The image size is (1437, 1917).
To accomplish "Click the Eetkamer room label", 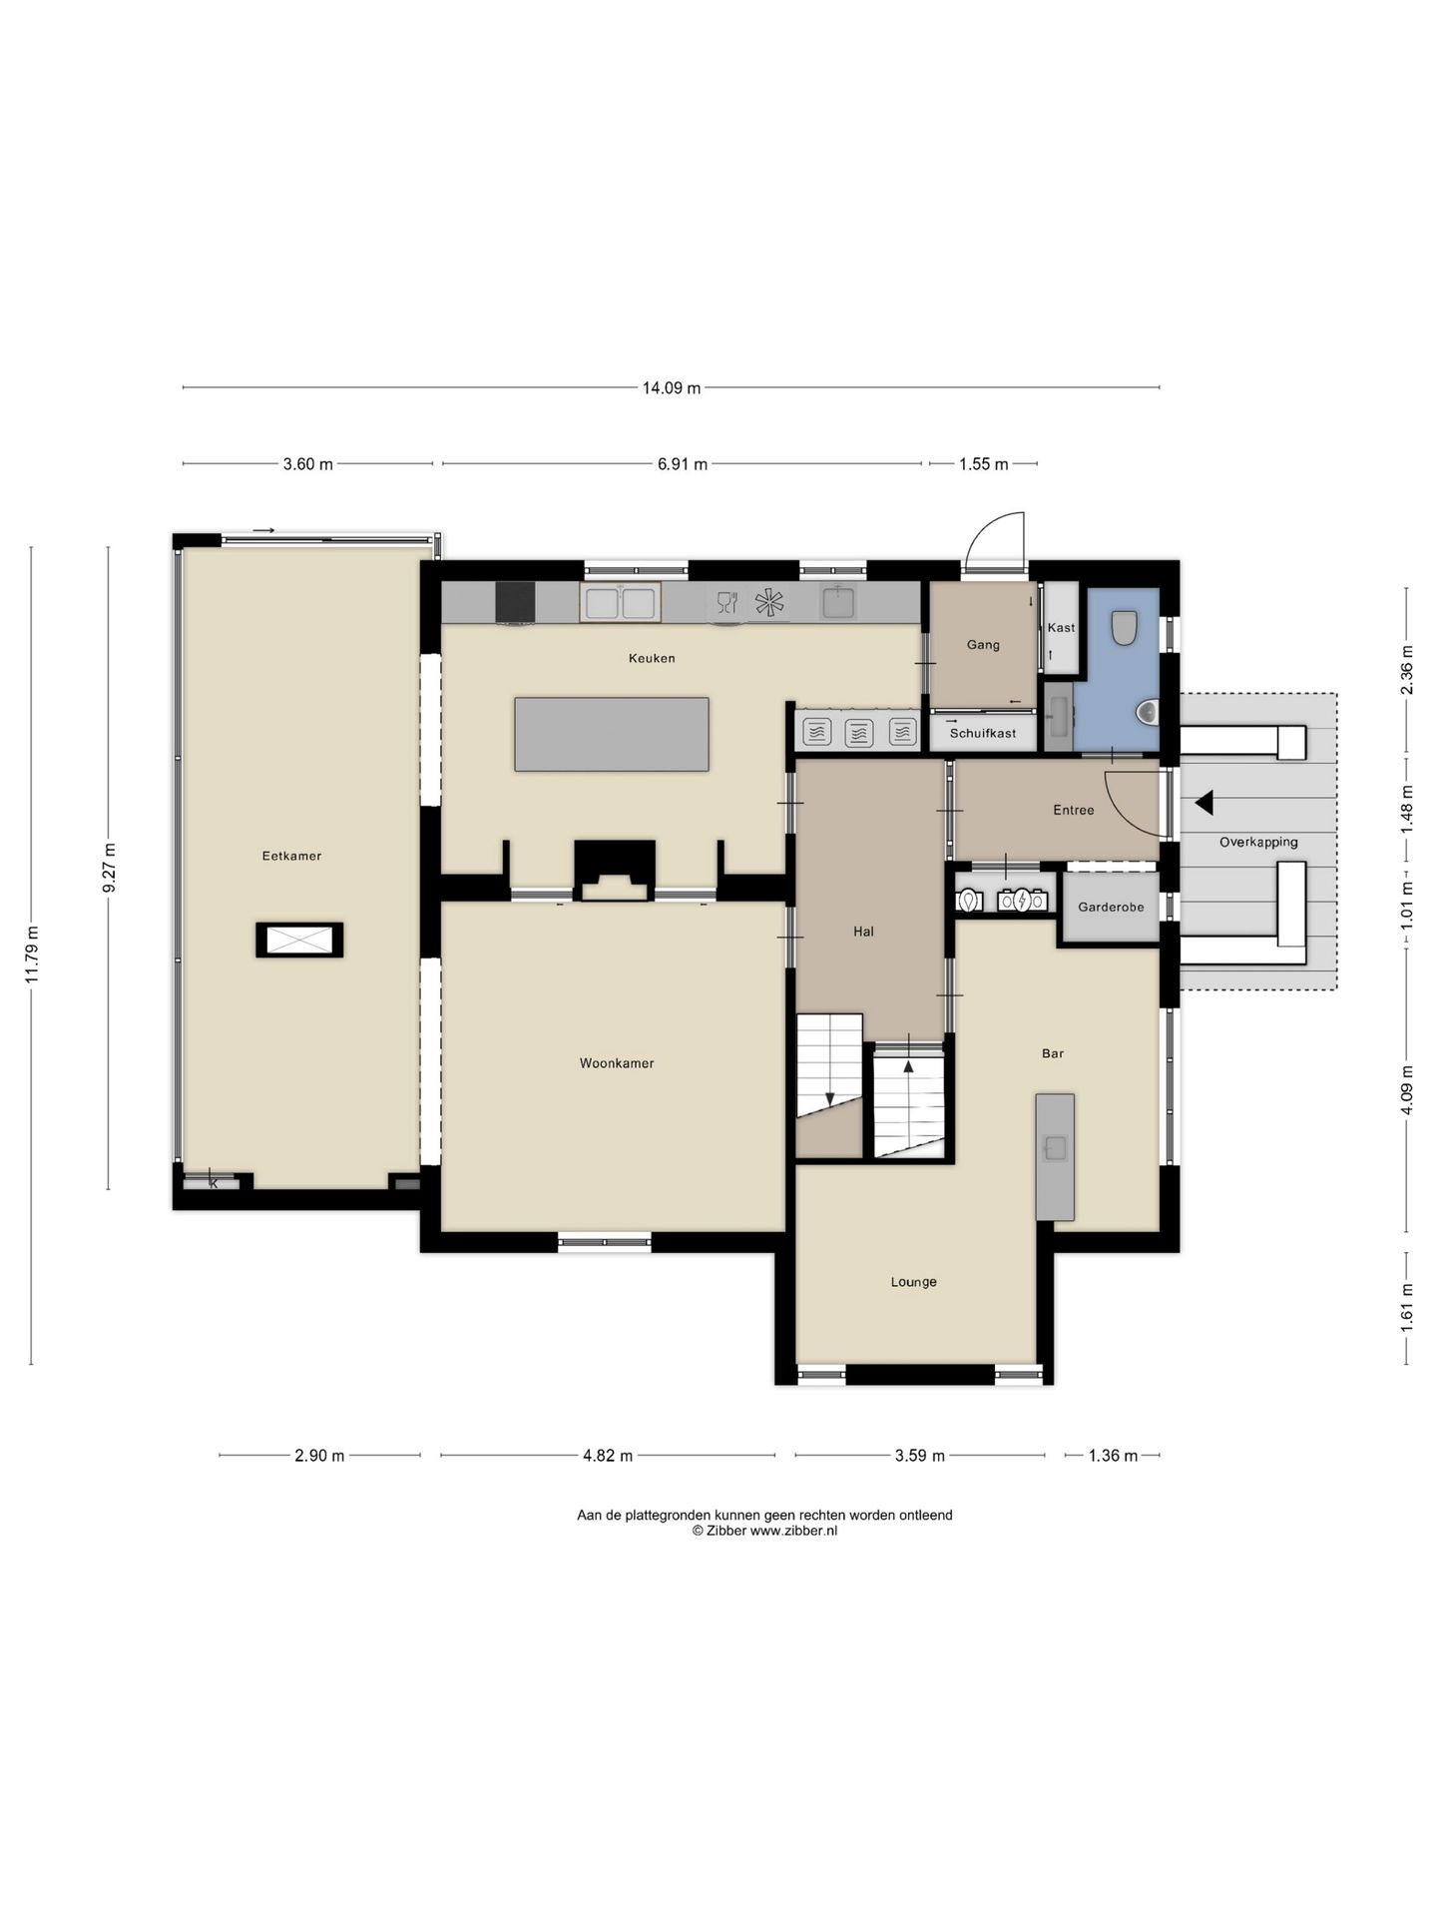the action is tap(291, 856).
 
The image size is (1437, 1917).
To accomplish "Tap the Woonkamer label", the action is tap(617, 1063).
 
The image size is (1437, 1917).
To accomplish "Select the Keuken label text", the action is tap(652, 658).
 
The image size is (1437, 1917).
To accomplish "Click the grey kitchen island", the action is tap(612, 734).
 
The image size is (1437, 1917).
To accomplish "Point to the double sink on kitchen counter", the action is tap(621, 602).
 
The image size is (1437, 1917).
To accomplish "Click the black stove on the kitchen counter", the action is tap(515, 602).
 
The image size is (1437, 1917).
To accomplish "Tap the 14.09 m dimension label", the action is tap(671, 387).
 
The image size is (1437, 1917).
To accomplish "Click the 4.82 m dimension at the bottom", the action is tap(608, 1456).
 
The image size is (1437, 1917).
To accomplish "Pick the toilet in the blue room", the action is tap(1125, 627).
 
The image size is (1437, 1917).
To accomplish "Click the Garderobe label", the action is tap(1111, 908).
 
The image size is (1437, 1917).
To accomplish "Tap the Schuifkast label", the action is tap(983, 733).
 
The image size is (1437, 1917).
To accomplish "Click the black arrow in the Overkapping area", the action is tap(1204, 802).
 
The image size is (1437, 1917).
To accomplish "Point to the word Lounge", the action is tap(914, 1282).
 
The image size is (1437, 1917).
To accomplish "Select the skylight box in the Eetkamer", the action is tap(299, 940).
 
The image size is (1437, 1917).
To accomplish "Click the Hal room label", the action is tap(863, 932).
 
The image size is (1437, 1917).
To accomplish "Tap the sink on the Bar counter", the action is tap(1055, 1148).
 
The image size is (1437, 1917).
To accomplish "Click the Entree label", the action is tap(1074, 810).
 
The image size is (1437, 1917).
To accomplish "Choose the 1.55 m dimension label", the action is tap(983, 464).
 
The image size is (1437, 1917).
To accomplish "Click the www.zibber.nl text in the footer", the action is tap(793, 1531).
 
